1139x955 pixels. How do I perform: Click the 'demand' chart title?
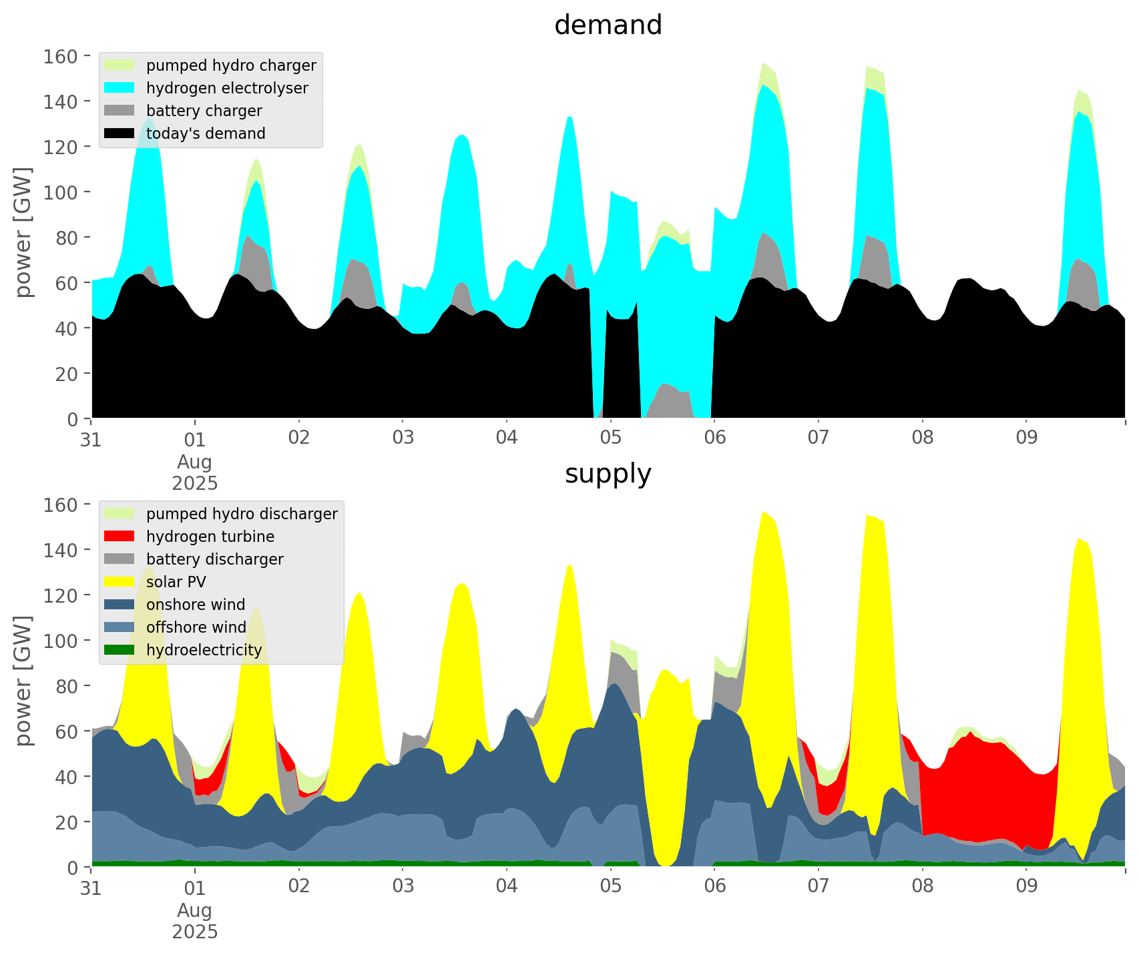[x=608, y=25]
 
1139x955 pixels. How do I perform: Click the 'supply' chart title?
[x=608, y=474]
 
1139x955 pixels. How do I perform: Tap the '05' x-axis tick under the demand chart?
[x=610, y=438]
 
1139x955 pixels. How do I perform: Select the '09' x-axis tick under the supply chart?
[x=1026, y=887]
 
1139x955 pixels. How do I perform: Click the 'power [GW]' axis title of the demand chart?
[x=23, y=232]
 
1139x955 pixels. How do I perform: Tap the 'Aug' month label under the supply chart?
[x=194, y=910]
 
